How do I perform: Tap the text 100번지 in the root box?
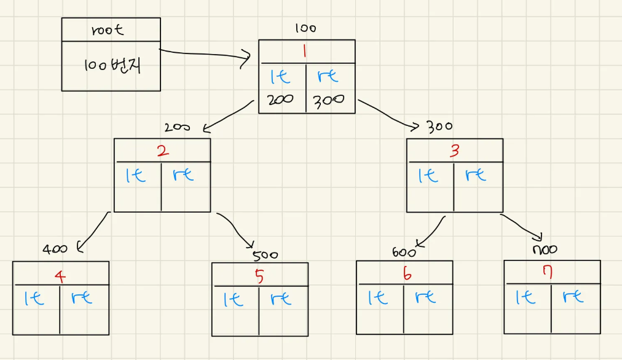pyautogui.click(x=112, y=66)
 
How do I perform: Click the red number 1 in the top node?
pyautogui.click(x=305, y=52)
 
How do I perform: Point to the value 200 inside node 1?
pyautogui.click(x=281, y=100)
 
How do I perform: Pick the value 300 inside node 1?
pyautogui.click(x=328, y=100)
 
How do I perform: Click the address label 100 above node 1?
pyautogui.click(x=305, y=28)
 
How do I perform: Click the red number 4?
pyautogui.click(x=60, y=276)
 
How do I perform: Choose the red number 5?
pyautogui.click(x=259, y=276)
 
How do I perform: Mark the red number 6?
pyautogui.click(x=407, y=274)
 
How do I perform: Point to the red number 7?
pyautogui.click(x=548, y=272)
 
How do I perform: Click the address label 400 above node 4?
pyautogui.click(x=55, y=249)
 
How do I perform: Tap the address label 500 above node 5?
pyautogui.click(x=265, y=255)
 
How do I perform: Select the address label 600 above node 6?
pyautogui.click(x=404, y=252)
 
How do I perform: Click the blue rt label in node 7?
pyautogui.click(x=575, y=297)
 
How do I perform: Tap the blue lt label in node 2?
pyautogui.click(x=136, y=175)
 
